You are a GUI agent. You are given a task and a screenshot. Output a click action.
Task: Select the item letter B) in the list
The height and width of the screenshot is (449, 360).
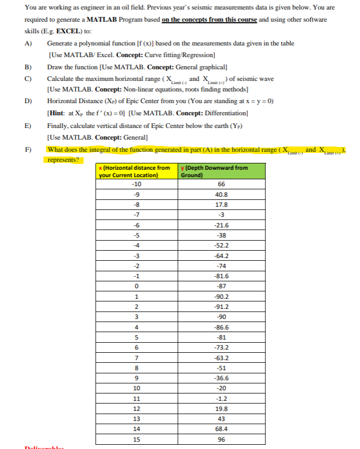[x=28, y=68]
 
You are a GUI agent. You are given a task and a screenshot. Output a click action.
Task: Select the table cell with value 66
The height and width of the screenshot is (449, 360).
[x=221, y=184]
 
